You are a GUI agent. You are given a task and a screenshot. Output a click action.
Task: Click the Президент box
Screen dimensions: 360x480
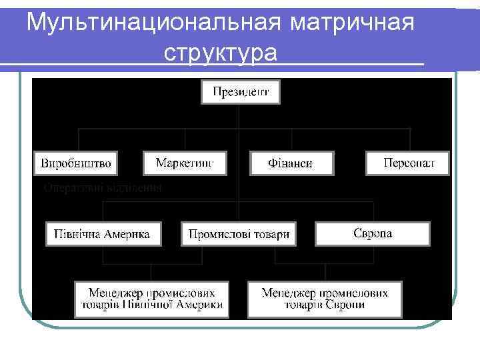click(241, 92)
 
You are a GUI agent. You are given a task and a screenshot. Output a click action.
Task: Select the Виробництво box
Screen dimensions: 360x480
click(75, 163)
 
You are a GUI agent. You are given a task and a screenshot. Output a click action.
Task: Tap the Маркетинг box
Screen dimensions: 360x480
click(185, 163)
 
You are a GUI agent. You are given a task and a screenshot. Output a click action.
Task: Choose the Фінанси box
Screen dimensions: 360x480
click(291, 163)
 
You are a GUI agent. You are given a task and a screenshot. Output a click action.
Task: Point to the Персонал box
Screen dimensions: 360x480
click(407, 163)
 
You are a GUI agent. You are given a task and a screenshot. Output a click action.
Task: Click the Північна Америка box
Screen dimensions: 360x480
click(103, 234)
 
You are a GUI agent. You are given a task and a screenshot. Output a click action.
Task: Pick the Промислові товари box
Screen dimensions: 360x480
click(239, 234)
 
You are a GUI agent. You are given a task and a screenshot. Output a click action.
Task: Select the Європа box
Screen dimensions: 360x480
click(372, 233)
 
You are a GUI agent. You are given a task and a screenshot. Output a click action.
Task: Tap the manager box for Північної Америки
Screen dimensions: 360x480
click(152, 299)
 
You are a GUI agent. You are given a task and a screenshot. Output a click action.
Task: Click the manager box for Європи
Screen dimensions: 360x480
click(325, 299)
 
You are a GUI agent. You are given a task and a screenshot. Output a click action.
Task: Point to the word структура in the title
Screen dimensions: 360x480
click(219, 53)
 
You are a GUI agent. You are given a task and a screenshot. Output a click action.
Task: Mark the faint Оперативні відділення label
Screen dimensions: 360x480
click(103, 188)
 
